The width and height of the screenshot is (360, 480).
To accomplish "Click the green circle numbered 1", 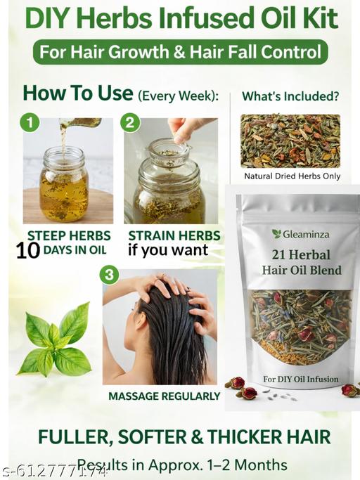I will pos(30,123).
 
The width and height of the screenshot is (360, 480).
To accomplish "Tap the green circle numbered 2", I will pos(130,123).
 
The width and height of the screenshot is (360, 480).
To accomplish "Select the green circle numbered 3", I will pos(109,274).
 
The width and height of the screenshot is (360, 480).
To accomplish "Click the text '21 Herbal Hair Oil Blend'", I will pos(301,262).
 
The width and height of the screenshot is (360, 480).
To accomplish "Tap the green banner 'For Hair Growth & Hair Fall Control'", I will pos(181,51).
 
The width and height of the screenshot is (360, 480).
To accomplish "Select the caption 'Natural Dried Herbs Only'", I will pos(292,176).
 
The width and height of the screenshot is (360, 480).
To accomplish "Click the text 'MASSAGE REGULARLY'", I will pos(164,396).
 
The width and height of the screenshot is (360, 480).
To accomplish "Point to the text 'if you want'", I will pos(167,250).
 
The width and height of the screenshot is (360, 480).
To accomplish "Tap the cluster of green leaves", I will pos(55,339).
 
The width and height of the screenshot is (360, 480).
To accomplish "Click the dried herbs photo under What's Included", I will pos(290,141).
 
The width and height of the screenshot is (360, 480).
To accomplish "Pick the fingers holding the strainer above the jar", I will pos(186,129).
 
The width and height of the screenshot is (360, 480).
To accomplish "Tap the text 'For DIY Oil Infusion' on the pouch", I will pos(300,380).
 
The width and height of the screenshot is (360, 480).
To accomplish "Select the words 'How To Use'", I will pos(77,93).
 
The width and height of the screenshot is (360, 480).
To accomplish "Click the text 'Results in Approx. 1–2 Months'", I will pos(182,465).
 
